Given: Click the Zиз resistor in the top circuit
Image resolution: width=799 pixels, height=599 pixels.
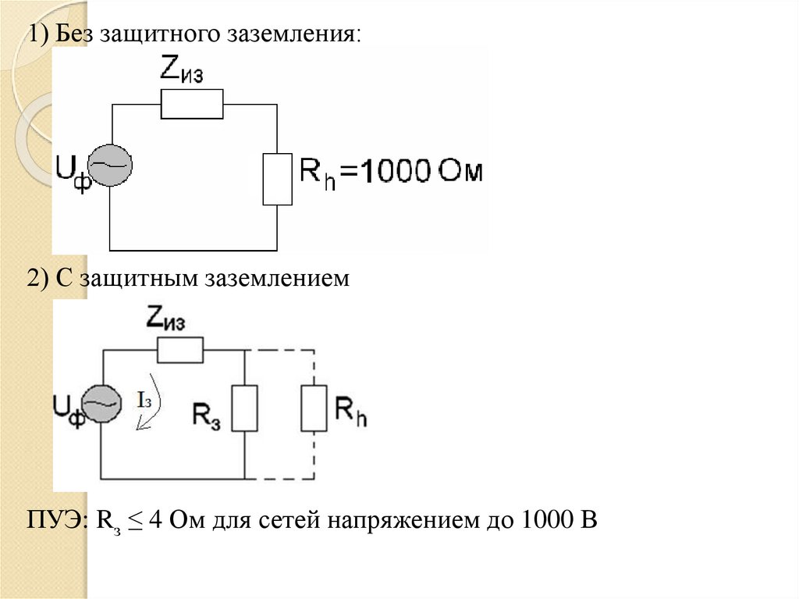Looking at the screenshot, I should pos(192,104).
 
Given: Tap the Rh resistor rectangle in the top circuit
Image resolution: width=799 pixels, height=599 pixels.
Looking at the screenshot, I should pos(277,179).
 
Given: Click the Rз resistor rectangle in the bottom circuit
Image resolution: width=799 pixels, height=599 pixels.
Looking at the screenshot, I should pos(245,408).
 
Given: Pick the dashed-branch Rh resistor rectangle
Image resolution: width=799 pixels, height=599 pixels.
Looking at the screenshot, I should pos(314,408).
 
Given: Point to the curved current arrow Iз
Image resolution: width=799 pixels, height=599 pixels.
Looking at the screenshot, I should pos(147,403).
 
